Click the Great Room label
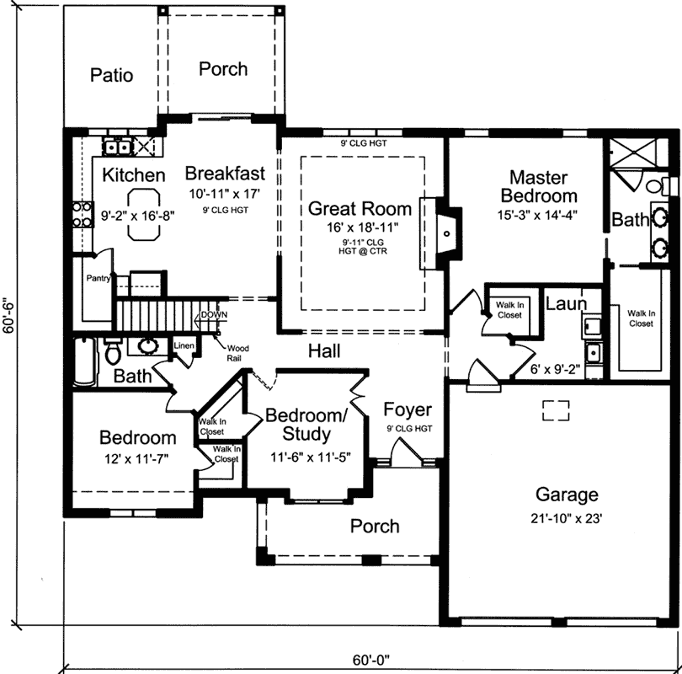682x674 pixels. [x=360, y=208]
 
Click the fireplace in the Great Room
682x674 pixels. [x=449, y=230]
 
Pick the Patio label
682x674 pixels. [x=111, y=75]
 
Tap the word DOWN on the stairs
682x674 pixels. [x=215, y=315]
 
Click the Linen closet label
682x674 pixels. [x=184, y=345]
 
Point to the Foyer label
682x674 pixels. [x=408, y=410]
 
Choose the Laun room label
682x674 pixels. [x=566, y=302]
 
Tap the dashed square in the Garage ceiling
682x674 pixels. [x=554, y=410]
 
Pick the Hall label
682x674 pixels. [x=323, y=350]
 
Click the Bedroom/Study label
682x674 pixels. [x=306, y=425]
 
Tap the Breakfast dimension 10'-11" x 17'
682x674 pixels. [x=224, y=192]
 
